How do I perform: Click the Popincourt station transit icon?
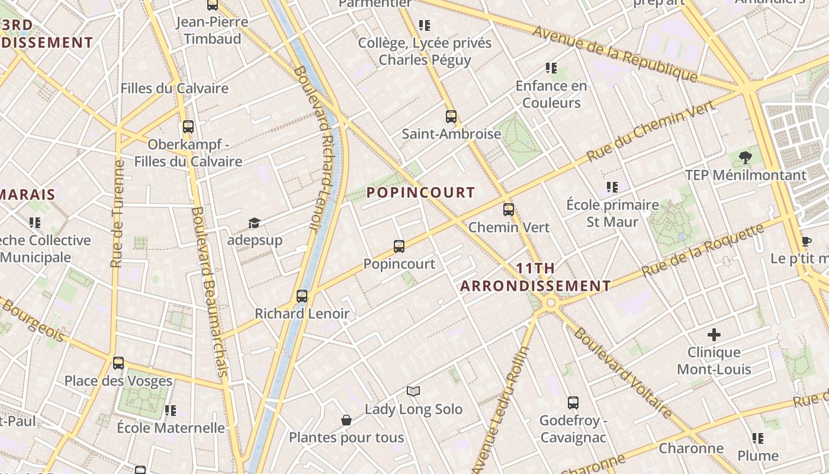pos(399,246)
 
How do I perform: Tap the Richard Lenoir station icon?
pos(302,296)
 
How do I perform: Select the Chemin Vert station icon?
pos(509,209)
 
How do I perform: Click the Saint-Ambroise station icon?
pos(451,116)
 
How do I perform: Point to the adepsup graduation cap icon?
pos(255,223)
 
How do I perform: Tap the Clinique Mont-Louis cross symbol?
pos(714,335)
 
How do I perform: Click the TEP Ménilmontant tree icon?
pos(746,158)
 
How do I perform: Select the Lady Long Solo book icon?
pos(413,391)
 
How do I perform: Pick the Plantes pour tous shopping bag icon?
pos(346,420)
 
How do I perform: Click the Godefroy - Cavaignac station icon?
pos(573,403)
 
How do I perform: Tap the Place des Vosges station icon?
pos(118,363)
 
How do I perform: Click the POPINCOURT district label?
pos(420,193)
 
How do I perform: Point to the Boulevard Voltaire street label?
pos(622,373)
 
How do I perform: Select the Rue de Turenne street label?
pos(117,213)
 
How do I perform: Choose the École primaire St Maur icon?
pos(612,187)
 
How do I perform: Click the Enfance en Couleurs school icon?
pos(551,68)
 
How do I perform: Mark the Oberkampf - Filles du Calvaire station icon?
pos(188,126)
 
